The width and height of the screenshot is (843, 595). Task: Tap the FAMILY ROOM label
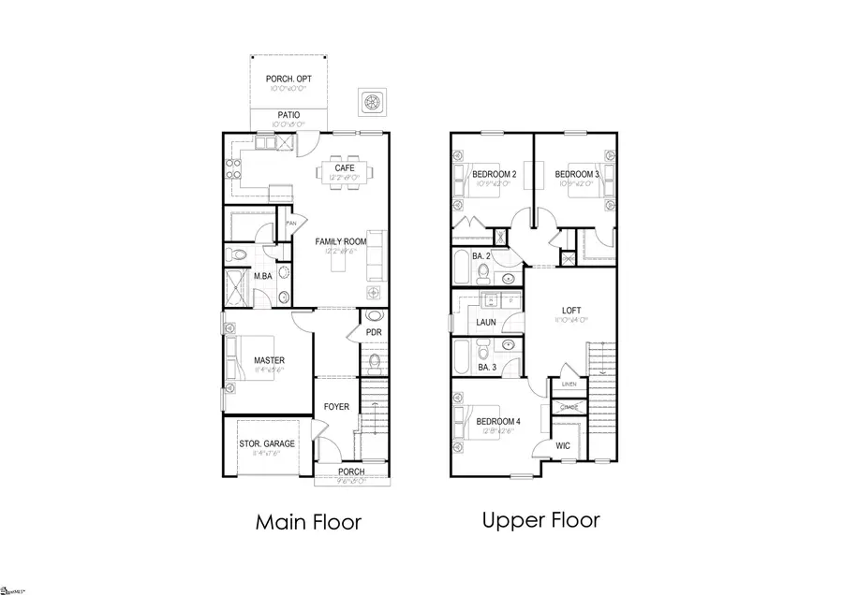click(x=341, y=240)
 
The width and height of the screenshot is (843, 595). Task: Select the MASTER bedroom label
click(x=269, y=359)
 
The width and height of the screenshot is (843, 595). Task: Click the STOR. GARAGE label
click(x=267, y=443)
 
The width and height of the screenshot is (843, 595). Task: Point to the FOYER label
click(x=335, y=407)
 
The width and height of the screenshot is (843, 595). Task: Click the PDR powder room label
click(x=373, y=331)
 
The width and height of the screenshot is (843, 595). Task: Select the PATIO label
click(x=288, y=115)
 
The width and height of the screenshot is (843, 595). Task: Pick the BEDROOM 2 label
click(x=495, y=174)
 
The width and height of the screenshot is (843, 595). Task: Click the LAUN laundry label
click(x=485, y=323)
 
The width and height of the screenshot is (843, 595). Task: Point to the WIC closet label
click(x=562, y=446)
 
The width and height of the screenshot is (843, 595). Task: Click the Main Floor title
click(x=308, y=522)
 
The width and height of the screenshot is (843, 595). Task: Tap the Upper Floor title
click(x=540, y=520)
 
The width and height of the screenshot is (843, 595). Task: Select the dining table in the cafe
click(x=344, y=182)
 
